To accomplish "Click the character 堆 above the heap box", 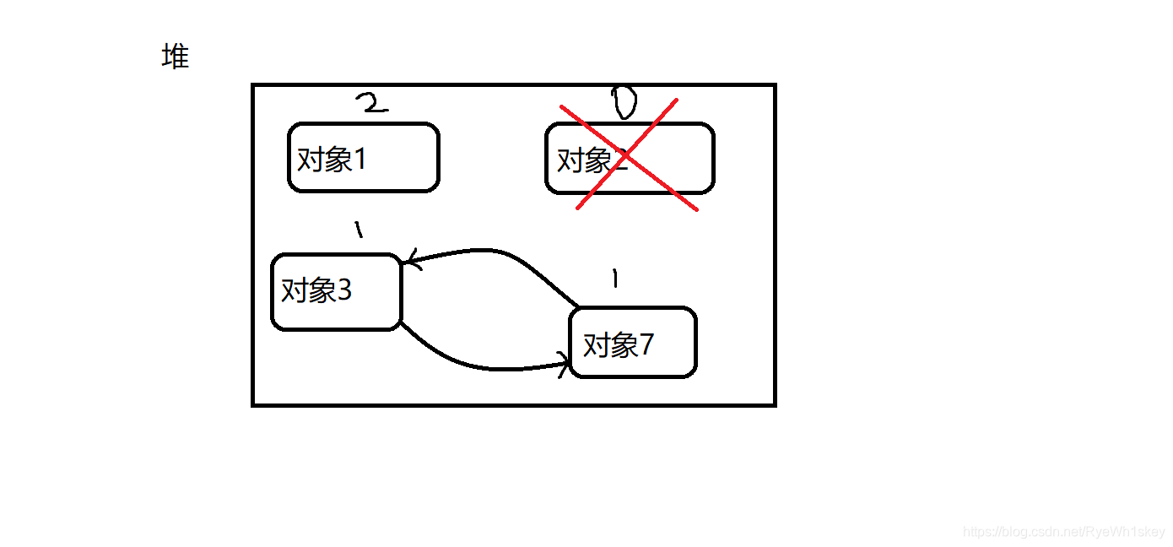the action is pos(175,57).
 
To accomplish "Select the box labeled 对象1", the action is pos(364,158).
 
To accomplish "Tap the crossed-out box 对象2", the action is pos(630,159).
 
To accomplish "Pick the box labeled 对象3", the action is pos(336,292).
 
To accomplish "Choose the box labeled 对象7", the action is pos(633,343).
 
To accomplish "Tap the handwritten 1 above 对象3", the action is pos(358,229).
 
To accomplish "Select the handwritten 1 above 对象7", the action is pos(614,279).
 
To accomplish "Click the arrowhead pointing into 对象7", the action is pos(564,365).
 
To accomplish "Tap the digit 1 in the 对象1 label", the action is pos(360,159).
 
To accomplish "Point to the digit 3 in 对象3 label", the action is pos(343,291).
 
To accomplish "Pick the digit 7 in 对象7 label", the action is pos(646,344).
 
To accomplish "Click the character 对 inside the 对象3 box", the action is pos(295,291).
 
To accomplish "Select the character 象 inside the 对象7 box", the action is pos(624,344).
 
